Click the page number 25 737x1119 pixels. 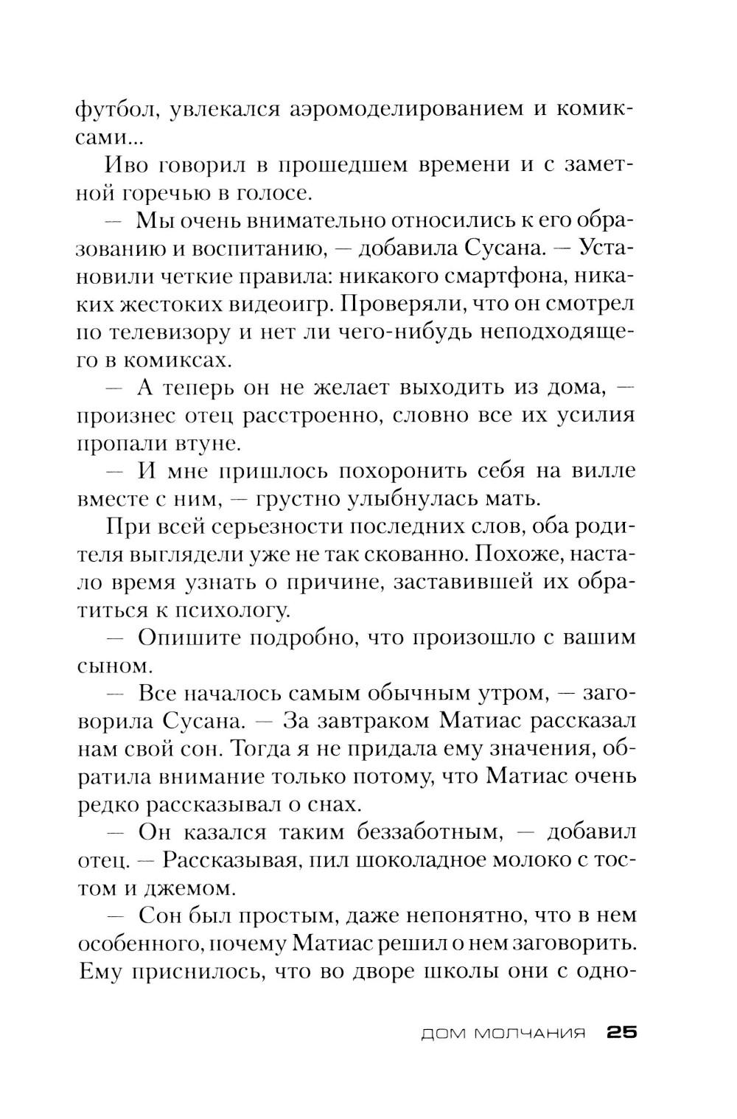pos(621,1033)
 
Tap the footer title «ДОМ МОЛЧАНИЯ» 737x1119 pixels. pos(503,1033)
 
